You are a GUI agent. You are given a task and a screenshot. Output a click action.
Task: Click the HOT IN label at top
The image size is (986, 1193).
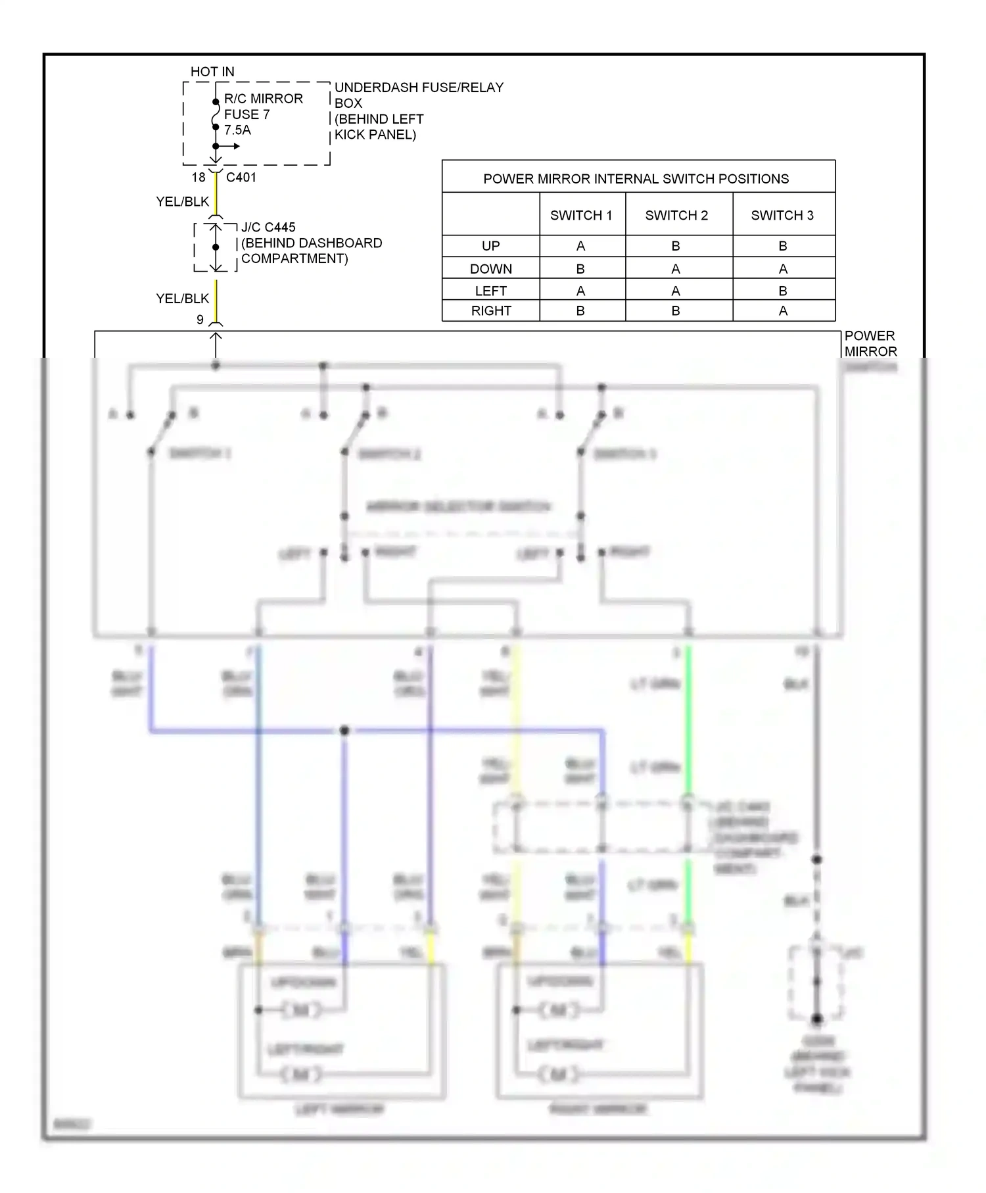[x=212, y=72]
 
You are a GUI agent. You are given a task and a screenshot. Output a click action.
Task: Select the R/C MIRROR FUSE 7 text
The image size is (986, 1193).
[x=263, y=107]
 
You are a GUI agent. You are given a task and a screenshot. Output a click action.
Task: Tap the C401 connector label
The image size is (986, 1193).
[x=241, y=178]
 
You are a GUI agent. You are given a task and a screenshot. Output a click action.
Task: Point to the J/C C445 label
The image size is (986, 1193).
[x=268, y=228]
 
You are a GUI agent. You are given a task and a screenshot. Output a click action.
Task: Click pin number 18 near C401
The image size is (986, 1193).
[x=199, y=178]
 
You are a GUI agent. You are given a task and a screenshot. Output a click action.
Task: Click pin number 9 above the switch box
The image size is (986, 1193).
[x=200, y=320]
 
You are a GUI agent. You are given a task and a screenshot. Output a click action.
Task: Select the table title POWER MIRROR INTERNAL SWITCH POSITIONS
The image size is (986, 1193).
[x=636, y=179]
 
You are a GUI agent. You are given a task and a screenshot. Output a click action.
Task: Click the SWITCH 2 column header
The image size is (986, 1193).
[x=676, y=216]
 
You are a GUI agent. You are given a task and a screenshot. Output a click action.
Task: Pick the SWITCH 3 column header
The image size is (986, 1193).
[x=782, y=216]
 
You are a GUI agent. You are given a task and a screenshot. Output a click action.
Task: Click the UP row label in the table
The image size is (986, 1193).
[x=491, y=246]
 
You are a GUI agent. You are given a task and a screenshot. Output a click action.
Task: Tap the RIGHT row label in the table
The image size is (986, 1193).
[x=491, y=311]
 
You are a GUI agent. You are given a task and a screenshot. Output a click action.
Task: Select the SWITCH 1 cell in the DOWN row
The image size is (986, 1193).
[x=580, y=269]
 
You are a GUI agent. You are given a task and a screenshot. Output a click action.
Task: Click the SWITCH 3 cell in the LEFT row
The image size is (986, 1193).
[x=783, y=291]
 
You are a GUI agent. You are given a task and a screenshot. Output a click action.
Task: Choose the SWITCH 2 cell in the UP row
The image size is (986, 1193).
[x=676, y=246]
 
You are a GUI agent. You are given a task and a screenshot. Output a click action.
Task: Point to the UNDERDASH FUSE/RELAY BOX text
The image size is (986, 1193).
[x=419, y=95]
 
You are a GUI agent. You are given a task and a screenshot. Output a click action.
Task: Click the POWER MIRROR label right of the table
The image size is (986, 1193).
[x=870, y=343]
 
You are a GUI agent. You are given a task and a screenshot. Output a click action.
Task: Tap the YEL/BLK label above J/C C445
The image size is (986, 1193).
[x=183, y=202]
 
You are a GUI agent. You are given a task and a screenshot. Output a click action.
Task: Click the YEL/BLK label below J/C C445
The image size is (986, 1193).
[x=183, y=299]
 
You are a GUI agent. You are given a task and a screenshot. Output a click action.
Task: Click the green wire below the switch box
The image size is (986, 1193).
[x=688, y=723]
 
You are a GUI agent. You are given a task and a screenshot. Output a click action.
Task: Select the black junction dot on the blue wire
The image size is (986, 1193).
[x=344, y=731]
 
